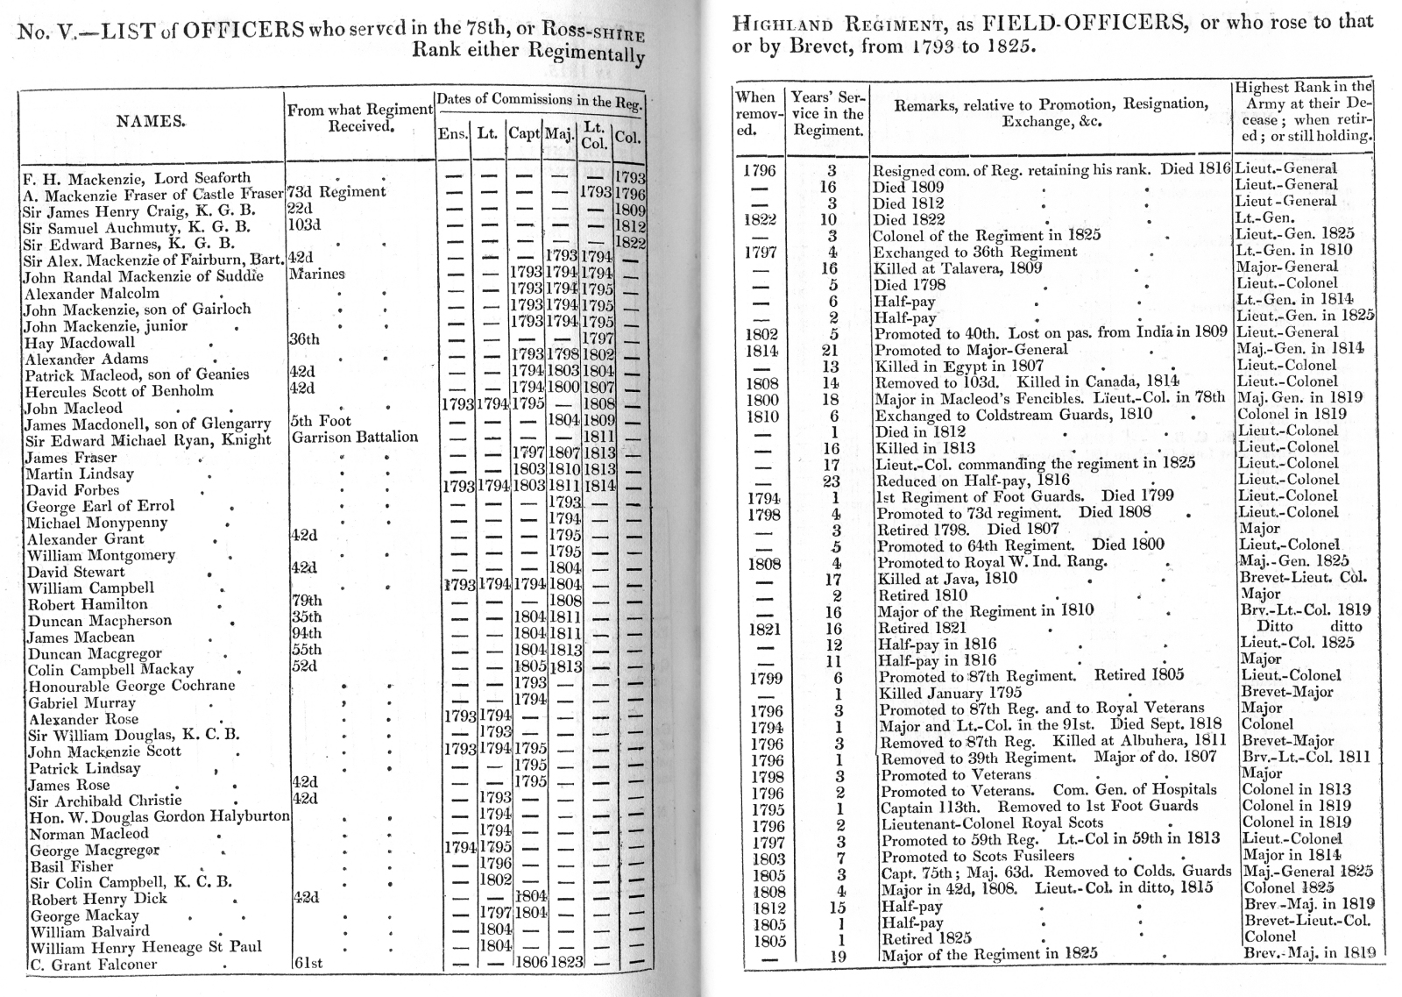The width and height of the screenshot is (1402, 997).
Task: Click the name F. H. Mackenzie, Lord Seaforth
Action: (136, 178)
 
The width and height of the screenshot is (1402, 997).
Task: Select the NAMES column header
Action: (151, 122)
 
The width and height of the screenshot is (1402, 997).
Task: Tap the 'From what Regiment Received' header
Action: (359, 118)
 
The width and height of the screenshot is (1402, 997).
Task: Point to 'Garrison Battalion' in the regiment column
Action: (355, 437)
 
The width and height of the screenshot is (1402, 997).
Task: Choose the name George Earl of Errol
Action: (100, 507)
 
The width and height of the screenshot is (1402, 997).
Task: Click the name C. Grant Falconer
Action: (93, 965)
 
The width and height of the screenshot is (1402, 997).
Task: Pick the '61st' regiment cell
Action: (307, 964)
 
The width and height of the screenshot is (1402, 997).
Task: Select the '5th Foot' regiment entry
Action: (322, 421)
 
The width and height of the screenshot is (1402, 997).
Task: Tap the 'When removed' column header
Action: (754, 113)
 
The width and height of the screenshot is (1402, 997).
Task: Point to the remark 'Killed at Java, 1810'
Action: (947, 578)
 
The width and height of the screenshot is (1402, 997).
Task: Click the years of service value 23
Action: (831, 481)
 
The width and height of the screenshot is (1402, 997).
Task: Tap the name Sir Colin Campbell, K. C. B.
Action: (131, 883)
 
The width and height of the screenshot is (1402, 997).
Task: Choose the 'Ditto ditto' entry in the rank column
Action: (1309, 627)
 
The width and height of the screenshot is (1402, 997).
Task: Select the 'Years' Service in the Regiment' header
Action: (828, 113)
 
